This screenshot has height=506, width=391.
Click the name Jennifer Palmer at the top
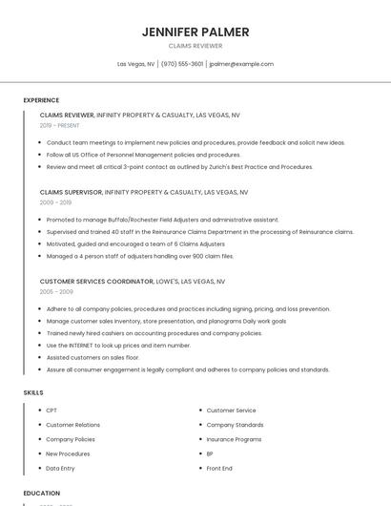pos(195,32)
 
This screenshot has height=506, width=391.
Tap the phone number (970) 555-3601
pos(182,64)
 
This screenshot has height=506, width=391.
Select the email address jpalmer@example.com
pos(241,64)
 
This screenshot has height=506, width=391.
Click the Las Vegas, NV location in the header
pos(135,64)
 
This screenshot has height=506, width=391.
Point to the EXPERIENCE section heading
pos(41,100)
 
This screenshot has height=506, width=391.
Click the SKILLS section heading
pos(33,392)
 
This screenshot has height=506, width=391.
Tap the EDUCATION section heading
pos(41,494)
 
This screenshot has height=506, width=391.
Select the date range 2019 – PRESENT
pos(59,125)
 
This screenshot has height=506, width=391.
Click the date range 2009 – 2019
pos(55,202)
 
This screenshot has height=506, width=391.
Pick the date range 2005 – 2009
pos(55,292)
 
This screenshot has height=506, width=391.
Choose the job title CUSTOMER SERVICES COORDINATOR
pos(96,282)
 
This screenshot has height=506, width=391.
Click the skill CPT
pos(51,411)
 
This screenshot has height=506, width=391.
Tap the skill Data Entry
pos(60,469)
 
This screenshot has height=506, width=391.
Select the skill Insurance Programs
pos(234,439)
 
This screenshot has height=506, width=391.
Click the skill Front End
pos(219,469)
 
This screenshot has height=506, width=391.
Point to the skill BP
pos(210,453)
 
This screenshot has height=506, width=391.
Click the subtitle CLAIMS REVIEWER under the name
pos(195,46)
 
